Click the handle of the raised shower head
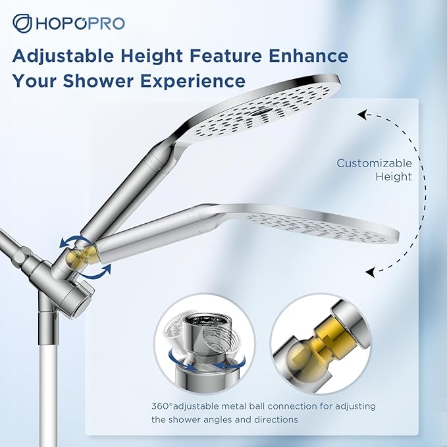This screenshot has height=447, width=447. [x=128, y=197]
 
